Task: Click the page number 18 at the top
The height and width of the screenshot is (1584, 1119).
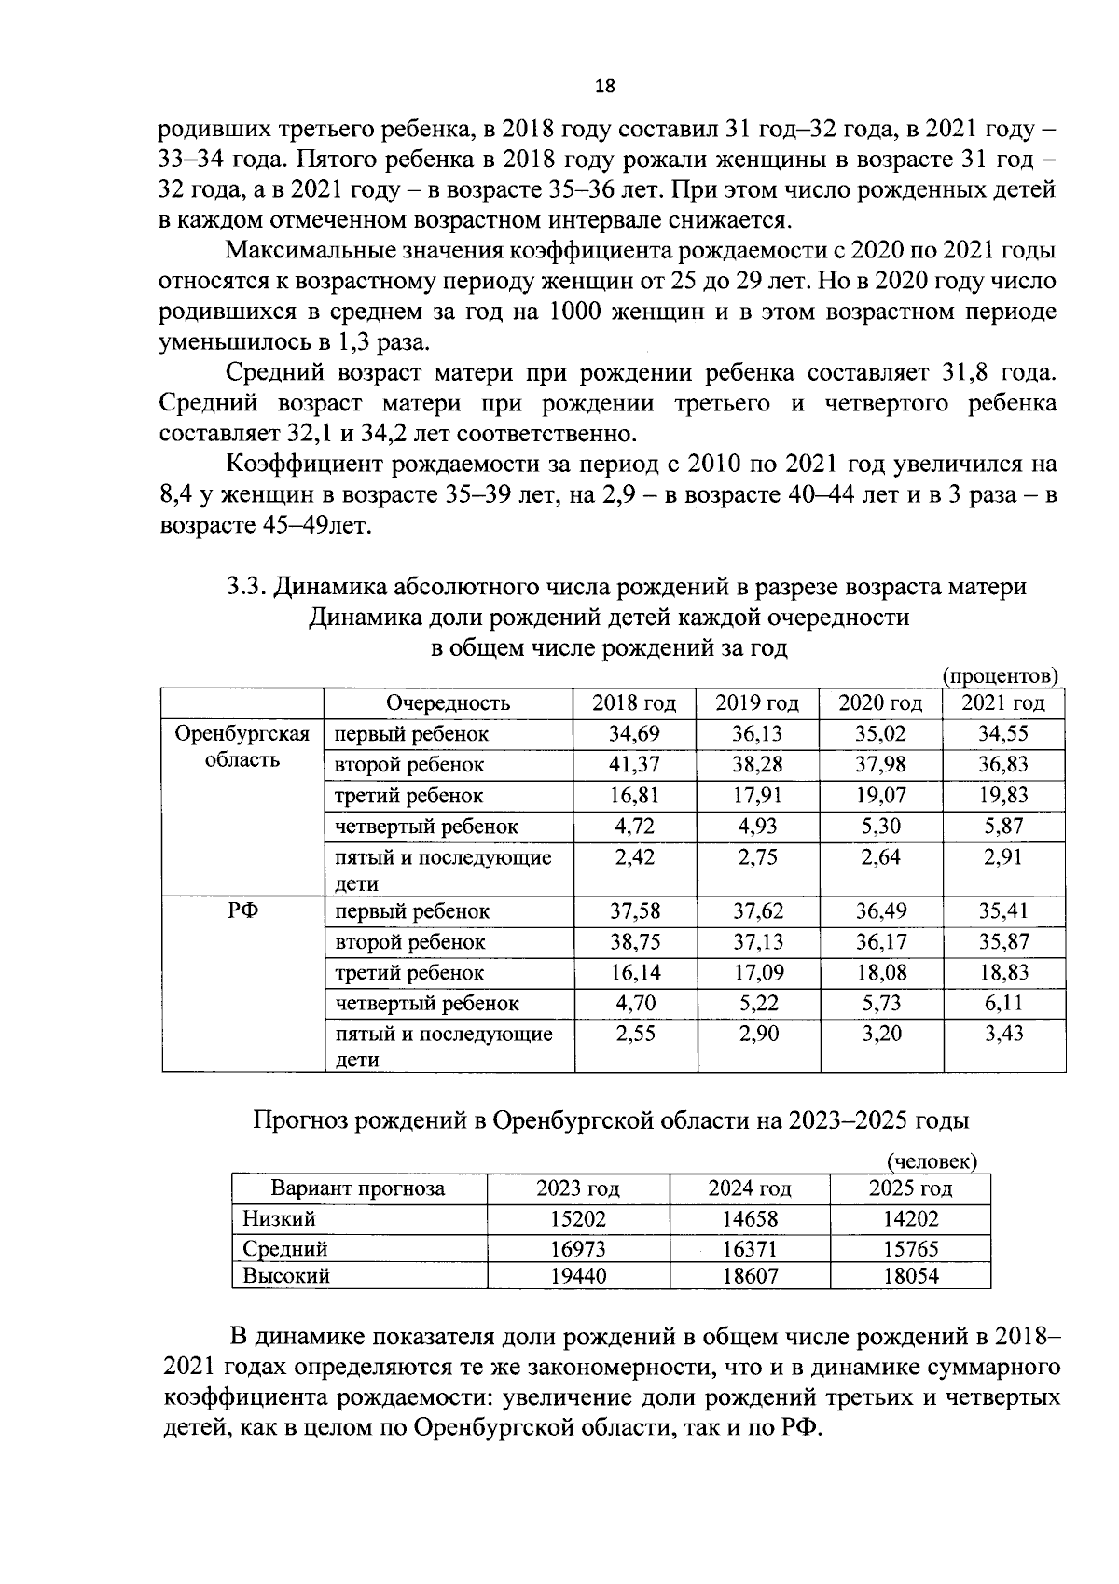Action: (x=605, y=87)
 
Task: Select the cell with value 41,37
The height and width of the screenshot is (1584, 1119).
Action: (x=634, y=765)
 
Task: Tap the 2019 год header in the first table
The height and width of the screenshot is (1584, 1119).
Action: (x=757, y=703)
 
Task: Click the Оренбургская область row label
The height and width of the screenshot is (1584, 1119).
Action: (x=242, y=746)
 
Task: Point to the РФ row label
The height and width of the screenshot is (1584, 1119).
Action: (x=242, y=911)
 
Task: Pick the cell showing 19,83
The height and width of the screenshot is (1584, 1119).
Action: (x=1002, y=796)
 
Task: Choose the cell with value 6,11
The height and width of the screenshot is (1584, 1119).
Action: (x=1003, y=1004)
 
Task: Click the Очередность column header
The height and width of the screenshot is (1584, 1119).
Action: (x=449, y=703)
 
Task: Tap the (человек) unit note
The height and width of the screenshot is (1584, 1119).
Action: (x=932, y=1161)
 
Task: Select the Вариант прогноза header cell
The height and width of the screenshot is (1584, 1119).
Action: (x=358, y=1188)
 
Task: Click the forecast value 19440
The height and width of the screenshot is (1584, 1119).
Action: (x=577, y=1276)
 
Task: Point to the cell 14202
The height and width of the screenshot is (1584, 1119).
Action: (x=910, y=1219)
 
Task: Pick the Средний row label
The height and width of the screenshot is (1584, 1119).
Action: (x=285, y=1248)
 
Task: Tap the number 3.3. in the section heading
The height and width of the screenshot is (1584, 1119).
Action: (x=247, y=587)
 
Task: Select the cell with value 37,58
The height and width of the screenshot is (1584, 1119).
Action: (x=634, y=911)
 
